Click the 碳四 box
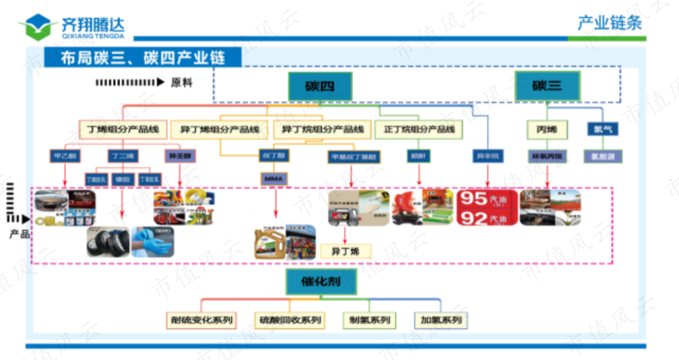click(x=319, y=86)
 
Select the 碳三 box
click(x=546, y=86)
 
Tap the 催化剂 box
click(x=321, y=281)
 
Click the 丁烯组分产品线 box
click(x=123, y=130)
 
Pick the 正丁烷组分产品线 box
click(x=418, y=130)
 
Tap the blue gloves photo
click(x=153, y=242)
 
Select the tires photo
click(x=108, y=242)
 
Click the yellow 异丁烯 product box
click(x=345, y=251)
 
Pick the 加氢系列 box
click(x=441, y=320)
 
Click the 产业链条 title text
click(x=609, y=23)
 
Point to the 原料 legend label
click(x=182, y=82)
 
